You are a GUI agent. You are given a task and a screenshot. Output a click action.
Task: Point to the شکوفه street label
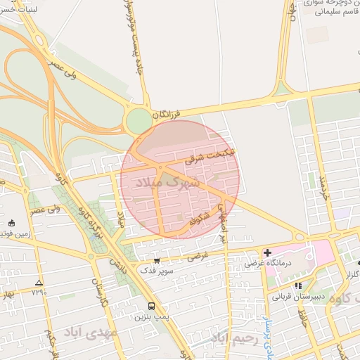pyautogui.click(x=200, y=219)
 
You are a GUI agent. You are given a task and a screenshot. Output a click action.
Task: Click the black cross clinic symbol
pyautogui.click(x=268, y=252)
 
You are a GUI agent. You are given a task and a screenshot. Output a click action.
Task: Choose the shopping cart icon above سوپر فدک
pyautogui.click(x=157, y=261)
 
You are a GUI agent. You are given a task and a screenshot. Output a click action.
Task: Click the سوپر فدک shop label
pyautogui.click(x=154, y=271)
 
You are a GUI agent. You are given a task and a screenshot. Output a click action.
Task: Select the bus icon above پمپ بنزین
pyautogui.click(x=151, y=307)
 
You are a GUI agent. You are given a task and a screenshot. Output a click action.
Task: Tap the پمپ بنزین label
pyautogui.click(x=149, y=317)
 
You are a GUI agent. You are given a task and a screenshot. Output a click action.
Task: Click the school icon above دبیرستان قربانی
pyautogui.click(x=298, y=286)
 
